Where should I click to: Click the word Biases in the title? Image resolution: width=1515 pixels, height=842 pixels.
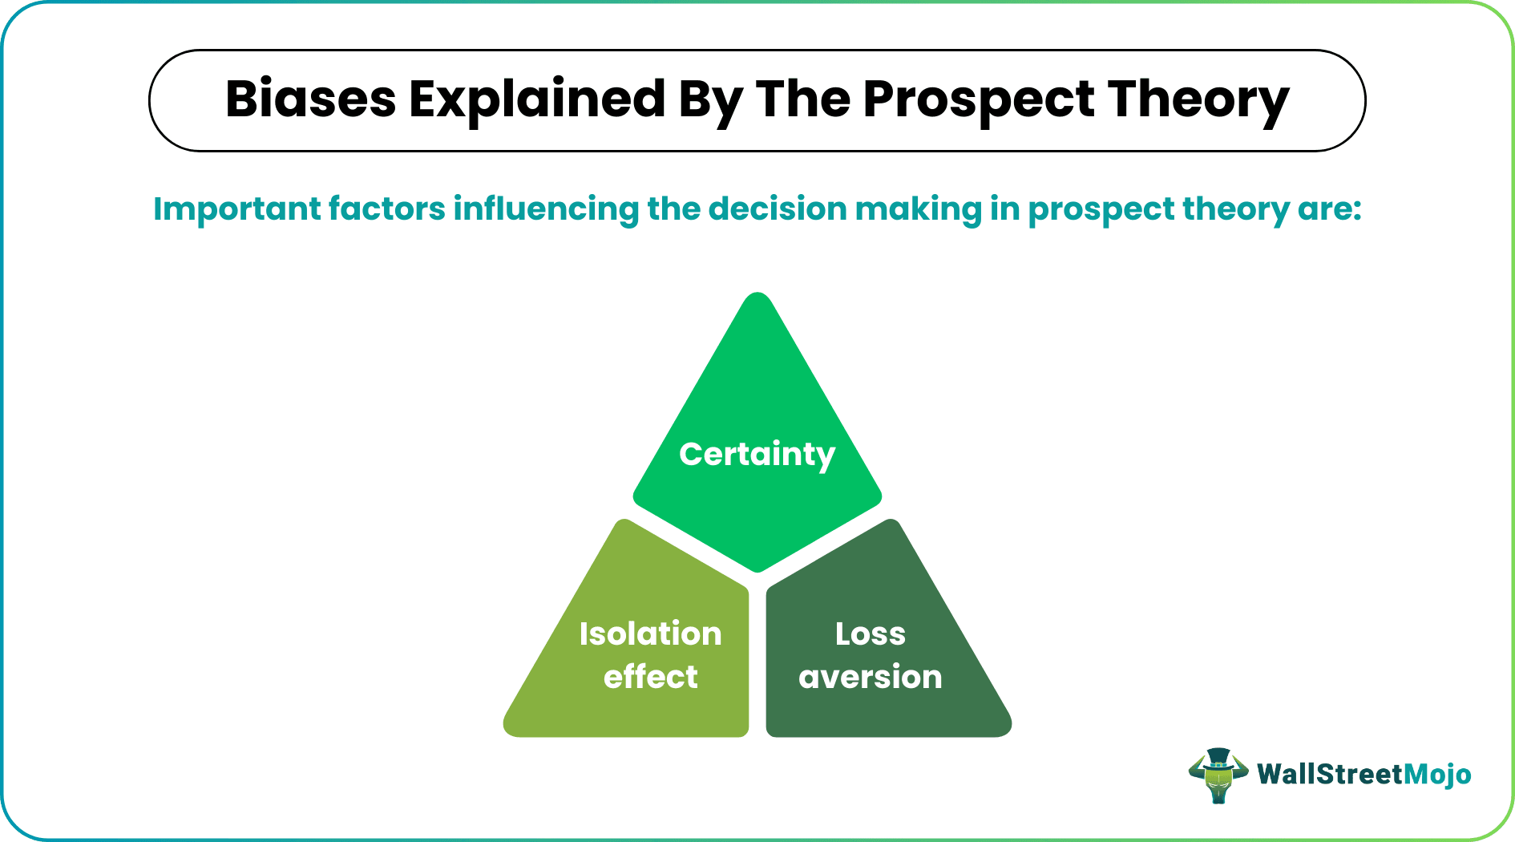click(310, 99)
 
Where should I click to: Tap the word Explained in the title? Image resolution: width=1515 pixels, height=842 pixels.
click(537, 99)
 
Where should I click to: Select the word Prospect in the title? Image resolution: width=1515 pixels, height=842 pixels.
click(978, 99)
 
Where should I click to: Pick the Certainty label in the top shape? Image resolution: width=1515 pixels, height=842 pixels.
click(757, 454)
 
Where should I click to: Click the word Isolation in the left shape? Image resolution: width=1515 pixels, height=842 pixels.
click(650, 634)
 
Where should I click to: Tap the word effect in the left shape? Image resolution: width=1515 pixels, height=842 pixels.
click(650, 677)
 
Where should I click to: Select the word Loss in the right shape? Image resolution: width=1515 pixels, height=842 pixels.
click(870, 634)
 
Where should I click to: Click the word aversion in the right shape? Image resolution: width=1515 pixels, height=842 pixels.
click(870, 677)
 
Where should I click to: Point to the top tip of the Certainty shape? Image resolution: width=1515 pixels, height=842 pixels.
click(757, 296)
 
